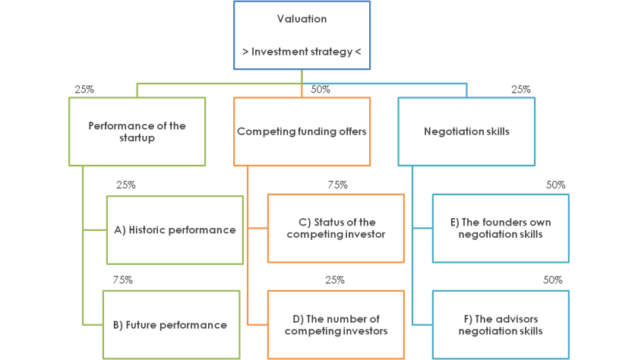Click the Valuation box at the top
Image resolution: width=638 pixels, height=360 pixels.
(x=302, y=36)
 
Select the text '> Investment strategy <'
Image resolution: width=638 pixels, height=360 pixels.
(x=302, y=52)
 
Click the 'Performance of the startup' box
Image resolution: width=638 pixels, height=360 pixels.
(x=137, y=131)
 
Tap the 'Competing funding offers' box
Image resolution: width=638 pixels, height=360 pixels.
(x=302, y=131)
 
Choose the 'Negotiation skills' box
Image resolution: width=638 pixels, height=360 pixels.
(x=466, y=131)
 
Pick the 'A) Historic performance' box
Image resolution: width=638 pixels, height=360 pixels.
(x=175, y=230)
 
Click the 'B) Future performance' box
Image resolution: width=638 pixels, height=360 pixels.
(x=170, y=325)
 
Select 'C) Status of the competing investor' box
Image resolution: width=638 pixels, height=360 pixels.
(x=336, y=229)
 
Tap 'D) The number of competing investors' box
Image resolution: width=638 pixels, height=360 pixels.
(x=336, y=325)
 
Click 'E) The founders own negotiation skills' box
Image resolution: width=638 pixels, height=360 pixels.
(x=500, y=229)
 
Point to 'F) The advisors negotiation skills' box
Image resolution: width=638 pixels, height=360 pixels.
(x=500, y=325)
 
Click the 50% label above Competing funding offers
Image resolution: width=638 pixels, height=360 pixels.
(x=320, y=90)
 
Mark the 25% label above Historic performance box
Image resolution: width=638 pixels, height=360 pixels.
(x=126, y=185)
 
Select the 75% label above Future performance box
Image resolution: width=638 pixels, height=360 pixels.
(x=122, y=280)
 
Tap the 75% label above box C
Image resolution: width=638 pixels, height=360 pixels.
(x=337, y=185)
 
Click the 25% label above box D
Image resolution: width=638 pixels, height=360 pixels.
(x=335, y=280)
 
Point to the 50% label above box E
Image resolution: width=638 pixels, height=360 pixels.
(x=555, y=185)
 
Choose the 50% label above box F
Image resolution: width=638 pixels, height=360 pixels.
(x=553, y=280)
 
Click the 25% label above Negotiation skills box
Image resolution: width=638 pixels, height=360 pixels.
(x=521, y=90)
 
